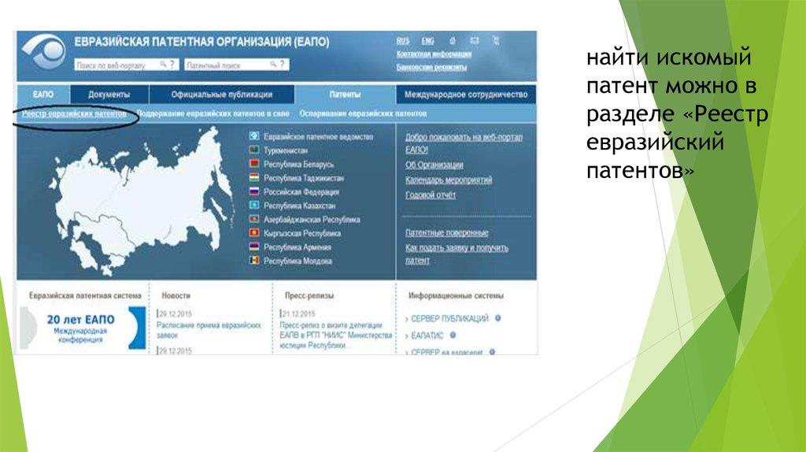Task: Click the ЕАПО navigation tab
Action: tap(43, 94)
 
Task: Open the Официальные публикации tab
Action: tap(221, 94)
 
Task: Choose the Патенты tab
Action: tap(345, 94)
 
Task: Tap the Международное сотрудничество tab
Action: tap(465, 94)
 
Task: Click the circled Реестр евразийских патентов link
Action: tap(74, 114)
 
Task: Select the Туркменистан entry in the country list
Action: tap(286, 150)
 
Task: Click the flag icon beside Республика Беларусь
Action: tap(254, 165)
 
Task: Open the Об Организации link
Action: tap(434, 165)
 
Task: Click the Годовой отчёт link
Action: tap(431, 195)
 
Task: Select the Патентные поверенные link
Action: tap(446, 233)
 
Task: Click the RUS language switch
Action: tap(403, 40)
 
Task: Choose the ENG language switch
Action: tap(427, 40)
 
